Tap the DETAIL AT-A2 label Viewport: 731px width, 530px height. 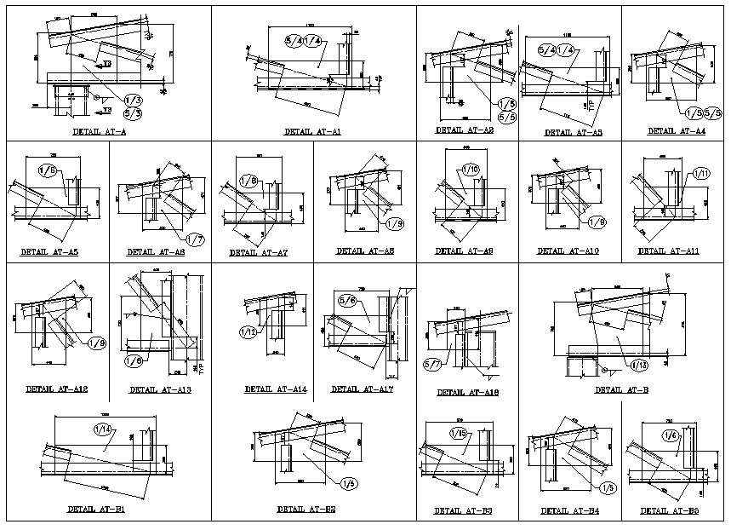(x=464, y=130)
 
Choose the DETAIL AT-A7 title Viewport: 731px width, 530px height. (x=259, y=253)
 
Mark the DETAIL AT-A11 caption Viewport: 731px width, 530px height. (x=668, y=251)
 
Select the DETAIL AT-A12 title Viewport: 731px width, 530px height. (x=56, y=389)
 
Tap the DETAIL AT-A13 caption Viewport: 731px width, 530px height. (x=160, y=391)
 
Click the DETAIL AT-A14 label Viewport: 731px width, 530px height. (x=275, y=389)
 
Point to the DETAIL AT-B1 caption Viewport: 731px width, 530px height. (x=96, y=509)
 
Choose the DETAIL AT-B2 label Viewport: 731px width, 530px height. (x=306, y=509)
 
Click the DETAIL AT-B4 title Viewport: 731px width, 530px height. (x=570, y=511)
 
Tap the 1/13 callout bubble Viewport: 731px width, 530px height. (x=638, y=365)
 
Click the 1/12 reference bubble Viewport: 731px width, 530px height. (x=248, y=331)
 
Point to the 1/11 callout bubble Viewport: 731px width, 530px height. (x=701, y=174)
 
